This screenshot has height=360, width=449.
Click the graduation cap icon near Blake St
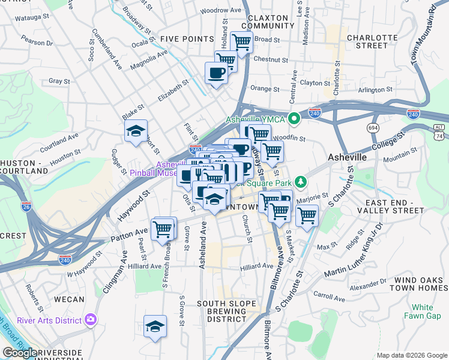(x=136, y=131)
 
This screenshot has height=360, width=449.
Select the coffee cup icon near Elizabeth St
(x=216, y=73)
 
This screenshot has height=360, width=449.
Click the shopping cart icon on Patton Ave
(x=163, y=229)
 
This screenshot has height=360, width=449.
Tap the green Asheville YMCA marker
(x=294, y=119)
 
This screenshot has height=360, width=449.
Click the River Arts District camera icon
(x=91, y=319)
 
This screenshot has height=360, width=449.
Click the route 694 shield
(x=373, y=128)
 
